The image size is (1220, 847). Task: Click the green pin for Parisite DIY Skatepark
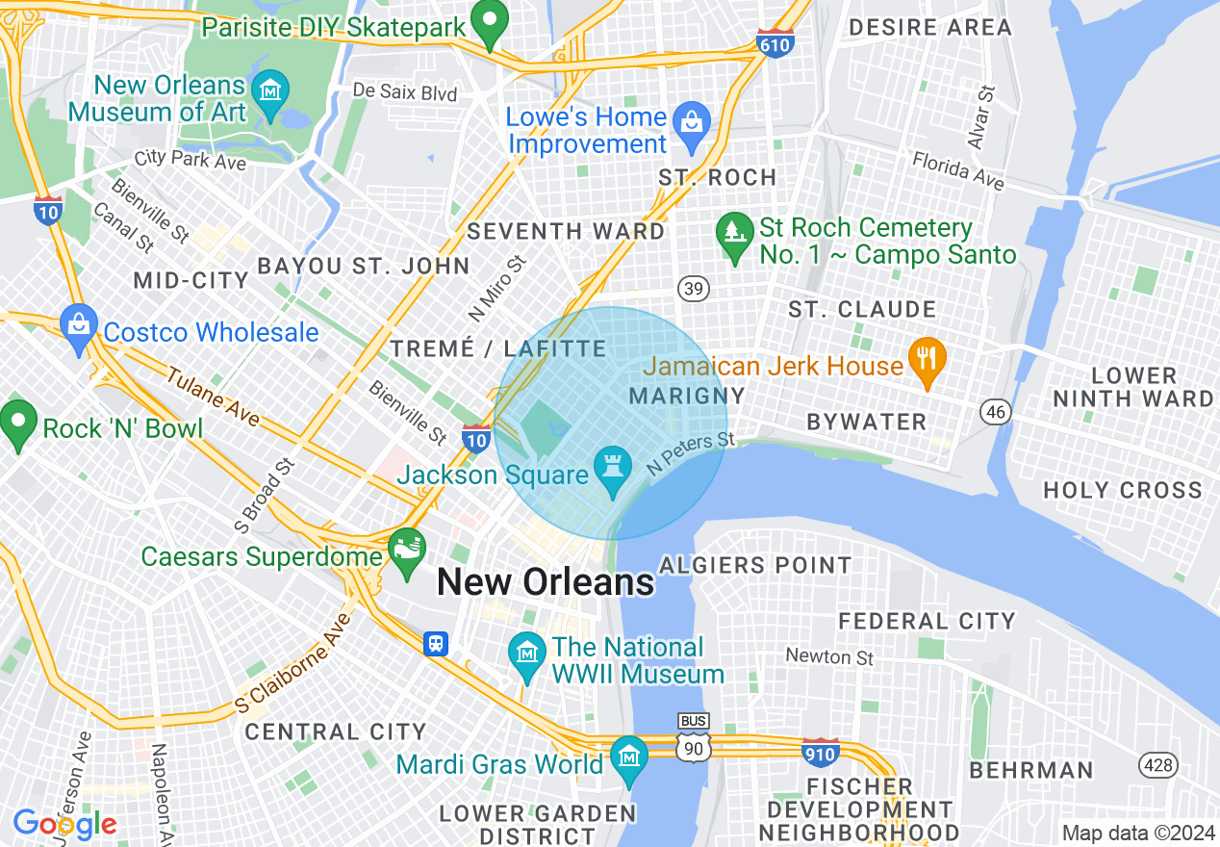(490, 26)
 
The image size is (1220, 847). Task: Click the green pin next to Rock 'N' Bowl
(18, 423)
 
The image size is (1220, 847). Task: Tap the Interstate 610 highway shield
(775, 43)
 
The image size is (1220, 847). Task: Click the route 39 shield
(693, 287)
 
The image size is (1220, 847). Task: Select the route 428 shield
(1156, 765)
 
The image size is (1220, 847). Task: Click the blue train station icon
(436, 643)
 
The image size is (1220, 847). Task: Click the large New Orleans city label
(546, 582)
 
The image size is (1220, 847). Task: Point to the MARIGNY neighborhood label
(686, 396)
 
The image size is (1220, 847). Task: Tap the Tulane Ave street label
(213, 396)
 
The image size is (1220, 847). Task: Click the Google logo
(64, 824)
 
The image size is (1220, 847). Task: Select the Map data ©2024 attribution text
(1138, 833)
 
